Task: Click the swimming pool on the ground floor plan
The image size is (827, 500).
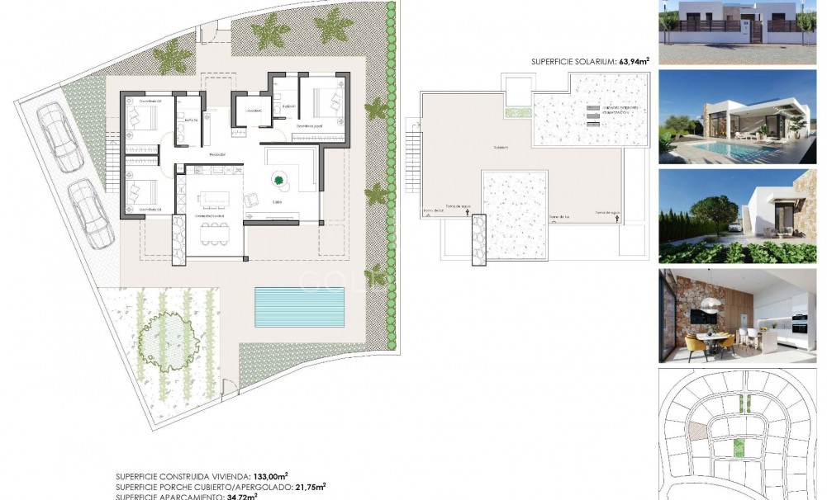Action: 299,307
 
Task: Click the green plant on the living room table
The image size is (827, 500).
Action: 279,179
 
